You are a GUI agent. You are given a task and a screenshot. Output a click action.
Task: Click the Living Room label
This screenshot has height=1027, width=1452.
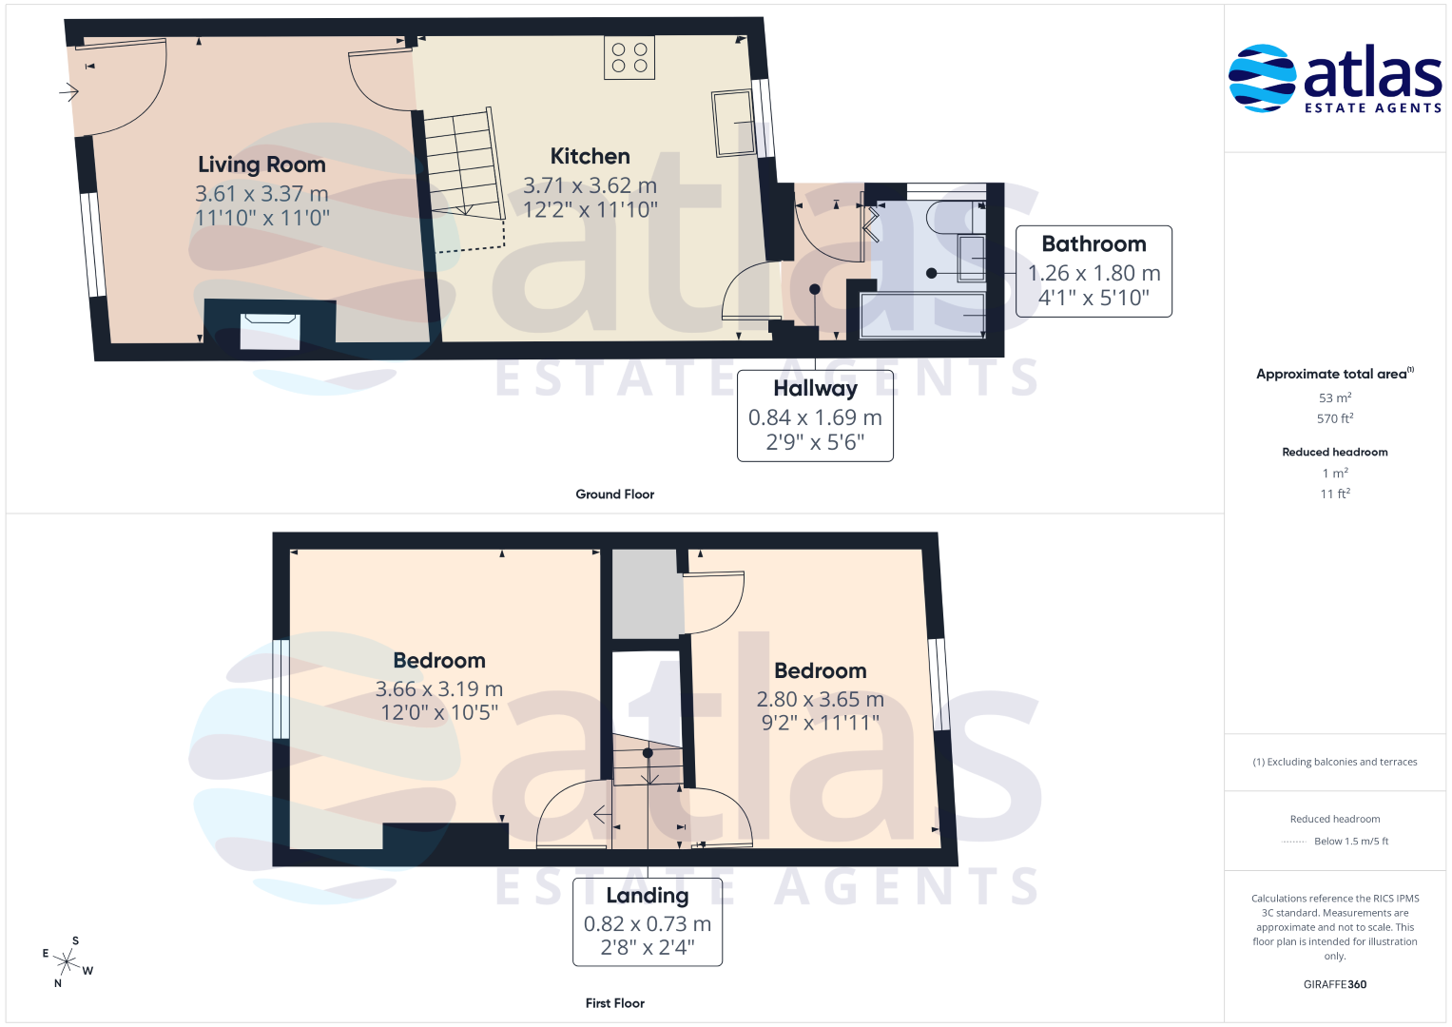[261, 165]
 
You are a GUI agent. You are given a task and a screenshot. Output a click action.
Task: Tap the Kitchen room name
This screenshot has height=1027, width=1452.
[590, 156]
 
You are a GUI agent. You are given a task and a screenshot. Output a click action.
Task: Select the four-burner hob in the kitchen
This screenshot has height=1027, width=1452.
[629, 58]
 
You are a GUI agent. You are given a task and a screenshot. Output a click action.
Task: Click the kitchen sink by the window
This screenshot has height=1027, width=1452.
[734, 124]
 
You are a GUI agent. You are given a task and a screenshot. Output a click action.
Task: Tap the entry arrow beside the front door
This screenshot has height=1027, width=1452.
[68, 92]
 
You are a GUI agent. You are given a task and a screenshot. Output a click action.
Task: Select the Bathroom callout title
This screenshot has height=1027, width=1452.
[1094, 243]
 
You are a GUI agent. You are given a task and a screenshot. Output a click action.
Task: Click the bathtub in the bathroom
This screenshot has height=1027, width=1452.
[921, 315]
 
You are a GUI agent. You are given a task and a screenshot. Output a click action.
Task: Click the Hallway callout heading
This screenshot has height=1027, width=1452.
[816, 388]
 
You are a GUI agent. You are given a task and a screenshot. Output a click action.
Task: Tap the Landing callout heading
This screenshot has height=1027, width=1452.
[647, 896]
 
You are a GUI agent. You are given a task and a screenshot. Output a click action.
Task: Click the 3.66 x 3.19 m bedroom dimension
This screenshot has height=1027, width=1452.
[439, 688]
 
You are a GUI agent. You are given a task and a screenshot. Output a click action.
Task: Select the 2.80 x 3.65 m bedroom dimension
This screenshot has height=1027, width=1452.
[820, 699]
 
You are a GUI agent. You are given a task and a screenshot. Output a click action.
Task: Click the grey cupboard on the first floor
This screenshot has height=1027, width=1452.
[648, 593]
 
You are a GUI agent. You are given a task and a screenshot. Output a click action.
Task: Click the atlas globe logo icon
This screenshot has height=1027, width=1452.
[1262, 78]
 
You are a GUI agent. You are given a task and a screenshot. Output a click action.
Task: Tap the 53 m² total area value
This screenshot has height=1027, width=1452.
[1335, 397]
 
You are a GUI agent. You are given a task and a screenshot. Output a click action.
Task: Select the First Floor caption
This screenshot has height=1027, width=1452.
[614, 1003]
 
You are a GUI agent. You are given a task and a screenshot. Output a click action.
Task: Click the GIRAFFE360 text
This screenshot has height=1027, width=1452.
[1335, 984]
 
